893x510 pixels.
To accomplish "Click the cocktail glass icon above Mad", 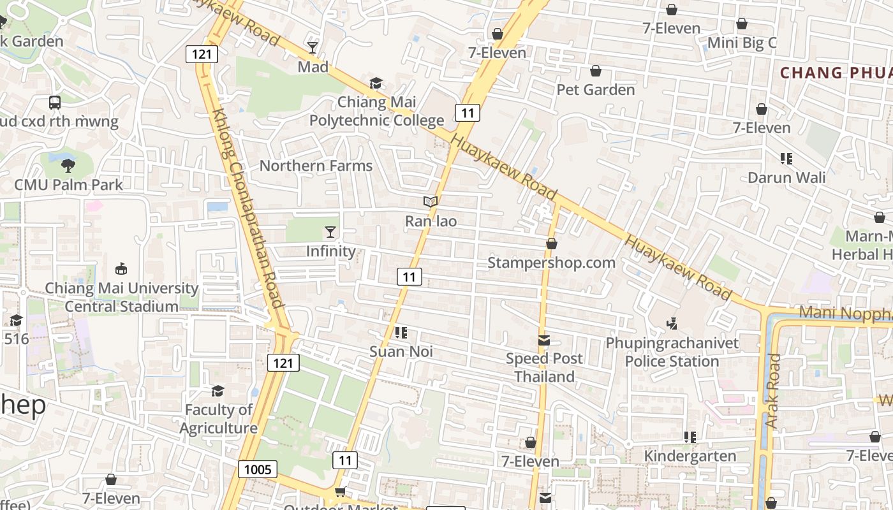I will (313, 47).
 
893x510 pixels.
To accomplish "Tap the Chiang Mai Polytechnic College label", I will (376, 111).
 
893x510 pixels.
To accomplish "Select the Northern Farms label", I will (316, 166).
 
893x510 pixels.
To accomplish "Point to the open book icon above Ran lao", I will (431, 202).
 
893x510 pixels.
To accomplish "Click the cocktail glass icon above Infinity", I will (330, 231).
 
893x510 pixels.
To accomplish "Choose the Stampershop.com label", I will (551, 263).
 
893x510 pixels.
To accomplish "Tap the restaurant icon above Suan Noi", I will (401, 332).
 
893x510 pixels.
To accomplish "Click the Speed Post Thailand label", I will (544, 367).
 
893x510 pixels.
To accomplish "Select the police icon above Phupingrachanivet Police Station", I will (672, 324).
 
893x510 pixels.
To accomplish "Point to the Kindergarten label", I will (690, 456).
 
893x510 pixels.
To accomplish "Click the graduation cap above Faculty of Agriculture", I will (218, 390).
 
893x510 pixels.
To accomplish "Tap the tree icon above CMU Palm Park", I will (68, 166).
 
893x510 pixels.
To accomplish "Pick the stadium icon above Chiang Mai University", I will (121, 268).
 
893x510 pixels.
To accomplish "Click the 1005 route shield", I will (258, 470).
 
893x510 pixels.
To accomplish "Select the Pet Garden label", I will (596, 89).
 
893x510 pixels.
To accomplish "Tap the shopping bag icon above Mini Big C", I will (742, 24).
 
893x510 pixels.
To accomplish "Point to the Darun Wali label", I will (786, 177).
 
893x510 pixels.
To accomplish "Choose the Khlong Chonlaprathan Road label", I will (247, 208).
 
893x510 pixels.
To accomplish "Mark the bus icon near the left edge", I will (55, 102).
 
